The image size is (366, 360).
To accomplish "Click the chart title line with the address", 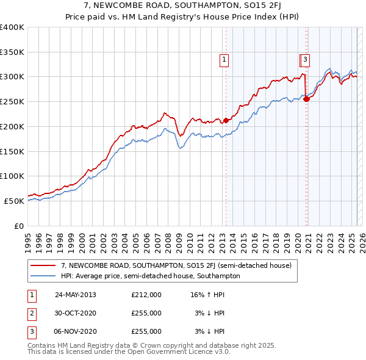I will tap(183, 5).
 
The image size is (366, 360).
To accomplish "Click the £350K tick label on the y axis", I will tap(12, 52).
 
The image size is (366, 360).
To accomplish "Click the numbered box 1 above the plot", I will tap(224, 60).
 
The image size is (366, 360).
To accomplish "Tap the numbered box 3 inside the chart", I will tap(305, 60).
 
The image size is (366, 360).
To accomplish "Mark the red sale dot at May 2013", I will tap(226, 120).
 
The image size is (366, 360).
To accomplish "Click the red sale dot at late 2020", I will tap(306, 99).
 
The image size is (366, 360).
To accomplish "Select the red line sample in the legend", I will tap(43, 266).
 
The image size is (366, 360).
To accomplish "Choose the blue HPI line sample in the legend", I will tap(43, 276).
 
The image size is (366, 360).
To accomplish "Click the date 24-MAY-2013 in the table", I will tap(76, 295).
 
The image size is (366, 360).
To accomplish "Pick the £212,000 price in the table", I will tap(146, 295).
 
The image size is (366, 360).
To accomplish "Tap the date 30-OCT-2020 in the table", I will tap(76, 313).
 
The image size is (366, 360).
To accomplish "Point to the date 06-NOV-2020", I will tap(76, 331).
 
